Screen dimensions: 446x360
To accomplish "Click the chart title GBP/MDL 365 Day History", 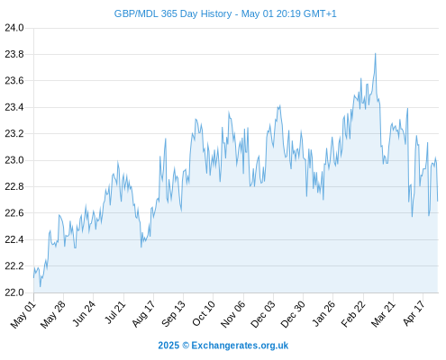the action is tap(173, 13).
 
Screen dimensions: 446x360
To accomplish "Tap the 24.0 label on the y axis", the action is tap(14, 28).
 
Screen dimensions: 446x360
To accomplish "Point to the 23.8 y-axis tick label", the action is tap(14, 54).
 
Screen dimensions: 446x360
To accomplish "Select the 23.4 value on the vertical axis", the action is tap(14, 107).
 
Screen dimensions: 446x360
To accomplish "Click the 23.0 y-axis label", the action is tap(14, 160).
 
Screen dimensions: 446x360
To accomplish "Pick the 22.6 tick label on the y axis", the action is tap(14, 213).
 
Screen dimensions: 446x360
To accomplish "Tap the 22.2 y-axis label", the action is tap(14, 266).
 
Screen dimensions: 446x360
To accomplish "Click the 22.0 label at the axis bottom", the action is tap(14, 292).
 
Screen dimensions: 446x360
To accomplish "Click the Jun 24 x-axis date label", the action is tap(84, 314).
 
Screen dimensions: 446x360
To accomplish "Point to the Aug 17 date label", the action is tap(143, 314).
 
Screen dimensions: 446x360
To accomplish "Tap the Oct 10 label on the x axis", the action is tap(204, 314).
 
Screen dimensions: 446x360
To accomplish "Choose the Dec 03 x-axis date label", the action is tap(263, 314).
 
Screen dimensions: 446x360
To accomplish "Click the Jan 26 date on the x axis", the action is tap(323, 314).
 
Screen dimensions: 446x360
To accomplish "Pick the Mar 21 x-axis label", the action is tap(383, 314).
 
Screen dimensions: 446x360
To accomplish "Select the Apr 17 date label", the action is tap(414, 313).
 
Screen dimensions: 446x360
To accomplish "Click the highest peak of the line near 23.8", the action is tap(375, 54).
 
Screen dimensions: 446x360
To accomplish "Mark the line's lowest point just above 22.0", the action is tap(40, 287).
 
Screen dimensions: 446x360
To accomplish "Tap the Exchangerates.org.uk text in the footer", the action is tap(240, 346).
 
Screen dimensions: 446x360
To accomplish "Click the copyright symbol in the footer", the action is tap(186, 346).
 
